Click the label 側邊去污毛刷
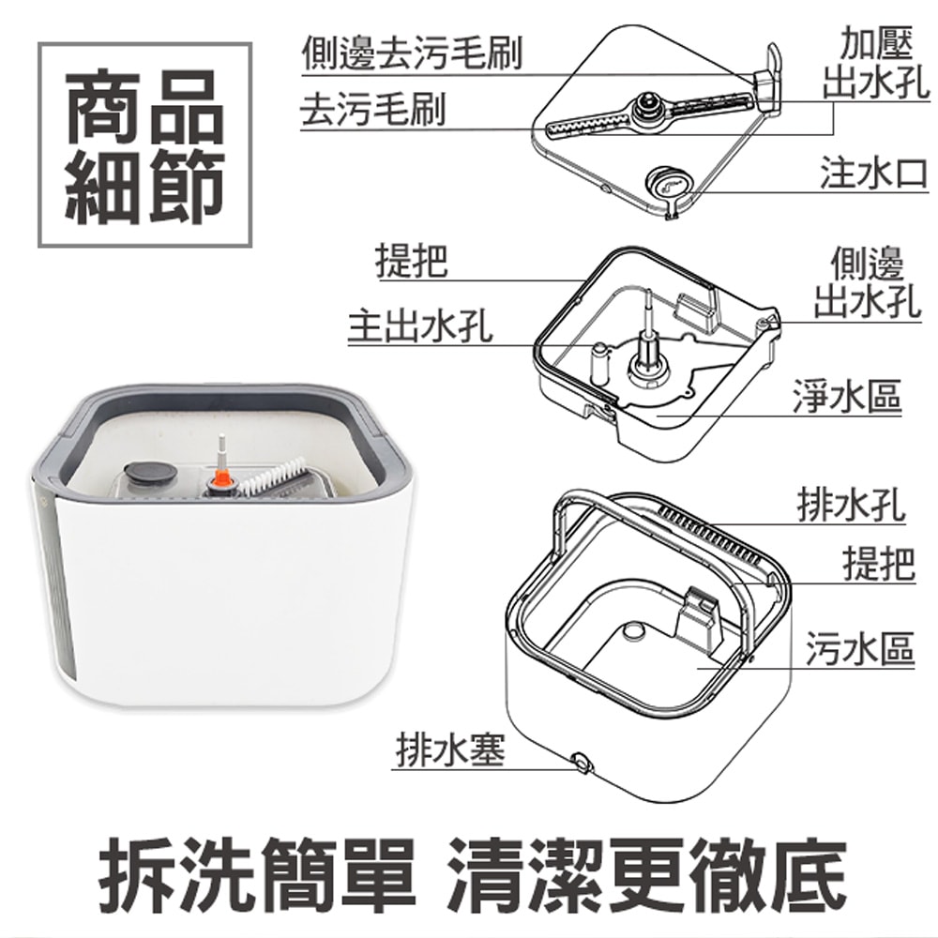[x=411, y=53]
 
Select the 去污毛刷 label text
[x=372, y=111]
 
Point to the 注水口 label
[x=873, y=173]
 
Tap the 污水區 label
[x=859, y=649]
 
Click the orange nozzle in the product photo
[x=221, y=478]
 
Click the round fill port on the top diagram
[x=669, y=183]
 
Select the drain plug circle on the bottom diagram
[x=581, y=762]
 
